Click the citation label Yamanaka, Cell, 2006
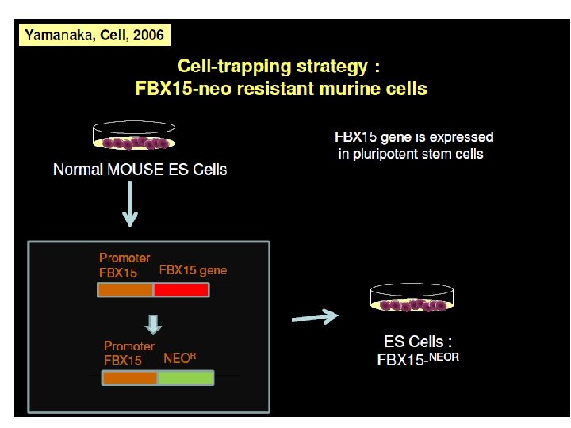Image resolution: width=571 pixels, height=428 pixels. (x=94, y=35)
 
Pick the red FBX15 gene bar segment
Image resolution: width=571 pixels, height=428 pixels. (x=181, y=290)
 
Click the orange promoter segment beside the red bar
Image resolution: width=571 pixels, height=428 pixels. (x=125, y=290)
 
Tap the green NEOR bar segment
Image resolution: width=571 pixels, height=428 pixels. (x=186, y=378)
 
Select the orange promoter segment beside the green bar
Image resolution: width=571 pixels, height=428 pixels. (x=130, y=378)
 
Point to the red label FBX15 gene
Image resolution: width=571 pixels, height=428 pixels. (x=193, y=270)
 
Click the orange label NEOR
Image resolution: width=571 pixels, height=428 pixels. (x=179, y=357)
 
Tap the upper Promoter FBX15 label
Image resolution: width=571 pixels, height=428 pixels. (x=125, y=266)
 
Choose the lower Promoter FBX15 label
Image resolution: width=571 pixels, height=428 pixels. (x=129, y=353)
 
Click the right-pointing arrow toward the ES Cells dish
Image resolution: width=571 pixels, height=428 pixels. (x=316, y=318)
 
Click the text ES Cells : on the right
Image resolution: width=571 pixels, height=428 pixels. (x=418, y=342)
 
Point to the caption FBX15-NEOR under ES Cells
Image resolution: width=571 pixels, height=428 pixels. (x=418, y=358)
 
